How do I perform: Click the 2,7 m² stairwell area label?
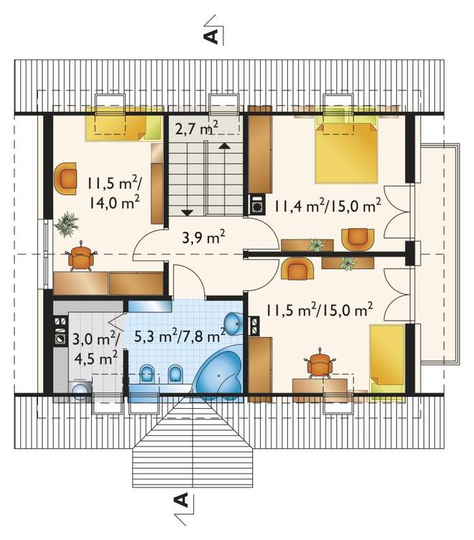pos(196,129)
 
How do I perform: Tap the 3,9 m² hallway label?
pos(203,237)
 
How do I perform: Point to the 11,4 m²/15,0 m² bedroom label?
pos(327,206)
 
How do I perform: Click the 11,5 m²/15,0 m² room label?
pos(319,310)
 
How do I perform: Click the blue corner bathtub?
pos(218,374)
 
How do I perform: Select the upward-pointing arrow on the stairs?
pos(224,146)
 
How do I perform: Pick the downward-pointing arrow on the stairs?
pos(187,212)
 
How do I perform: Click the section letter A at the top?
pos(213,35)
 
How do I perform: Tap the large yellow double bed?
pos(346,153)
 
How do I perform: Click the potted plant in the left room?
pos(66,224)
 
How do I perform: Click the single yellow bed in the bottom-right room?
pos(387,358)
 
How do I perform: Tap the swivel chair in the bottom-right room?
pos(320,364)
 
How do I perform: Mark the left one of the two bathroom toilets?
pos(148,374)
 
